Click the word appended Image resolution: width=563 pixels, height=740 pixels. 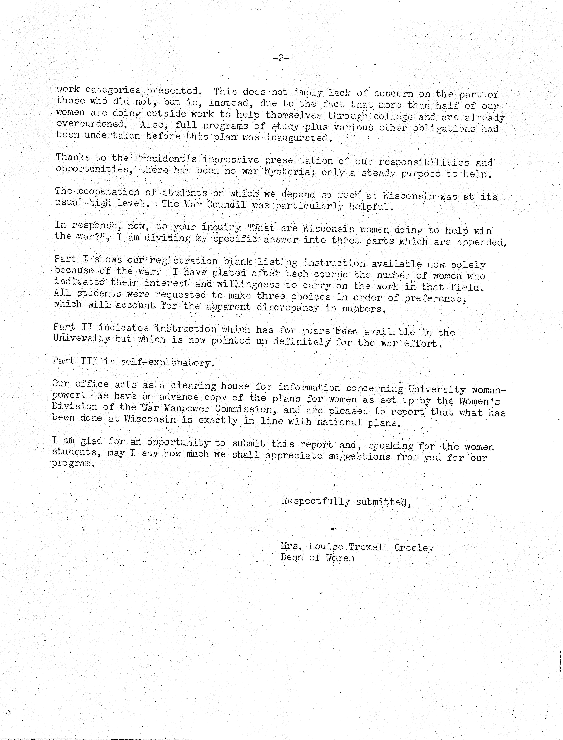click(481, 242)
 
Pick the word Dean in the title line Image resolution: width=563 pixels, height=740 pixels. click(292, 558)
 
